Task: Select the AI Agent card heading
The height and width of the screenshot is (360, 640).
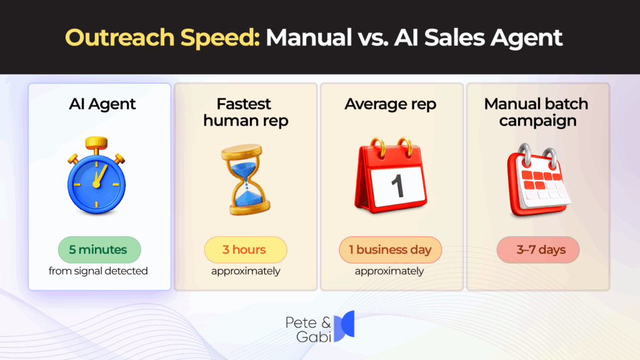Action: pos(99,104)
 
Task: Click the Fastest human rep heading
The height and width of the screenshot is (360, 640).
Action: pos(246,112)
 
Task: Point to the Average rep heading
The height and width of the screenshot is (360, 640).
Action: pos(391,104)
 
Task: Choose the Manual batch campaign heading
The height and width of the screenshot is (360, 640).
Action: pos(536,112)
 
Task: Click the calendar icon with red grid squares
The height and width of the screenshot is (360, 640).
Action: pos(537,181)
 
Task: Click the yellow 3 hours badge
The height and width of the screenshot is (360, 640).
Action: pos(244,250)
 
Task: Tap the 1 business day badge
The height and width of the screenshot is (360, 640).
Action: pos(390,250)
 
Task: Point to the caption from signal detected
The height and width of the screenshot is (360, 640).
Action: pos(98,271)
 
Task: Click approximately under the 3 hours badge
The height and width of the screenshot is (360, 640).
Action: pos(245,271)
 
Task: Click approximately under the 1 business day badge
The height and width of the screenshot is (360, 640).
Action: pos(389,271)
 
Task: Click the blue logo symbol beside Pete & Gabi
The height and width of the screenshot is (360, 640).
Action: pos(344,326)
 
